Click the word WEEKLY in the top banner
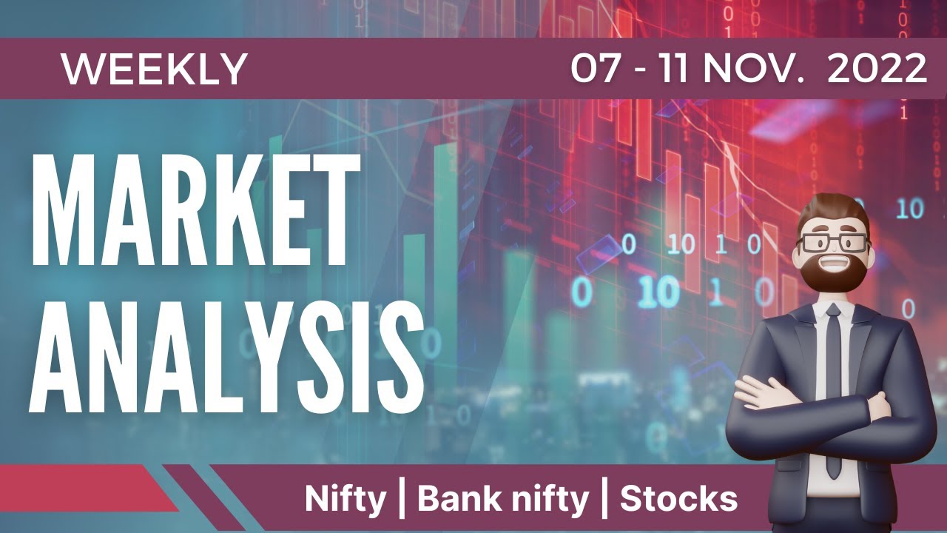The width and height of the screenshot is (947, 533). [154, 69]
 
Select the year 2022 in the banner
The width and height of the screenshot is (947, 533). [877, 69]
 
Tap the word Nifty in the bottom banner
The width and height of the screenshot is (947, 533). [346, 499]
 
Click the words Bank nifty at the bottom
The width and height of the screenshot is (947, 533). [503, 499]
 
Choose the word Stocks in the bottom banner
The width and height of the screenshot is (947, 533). [678, 499]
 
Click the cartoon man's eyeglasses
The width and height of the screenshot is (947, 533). [832, 243]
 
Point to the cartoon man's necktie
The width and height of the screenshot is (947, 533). [834, 385]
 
